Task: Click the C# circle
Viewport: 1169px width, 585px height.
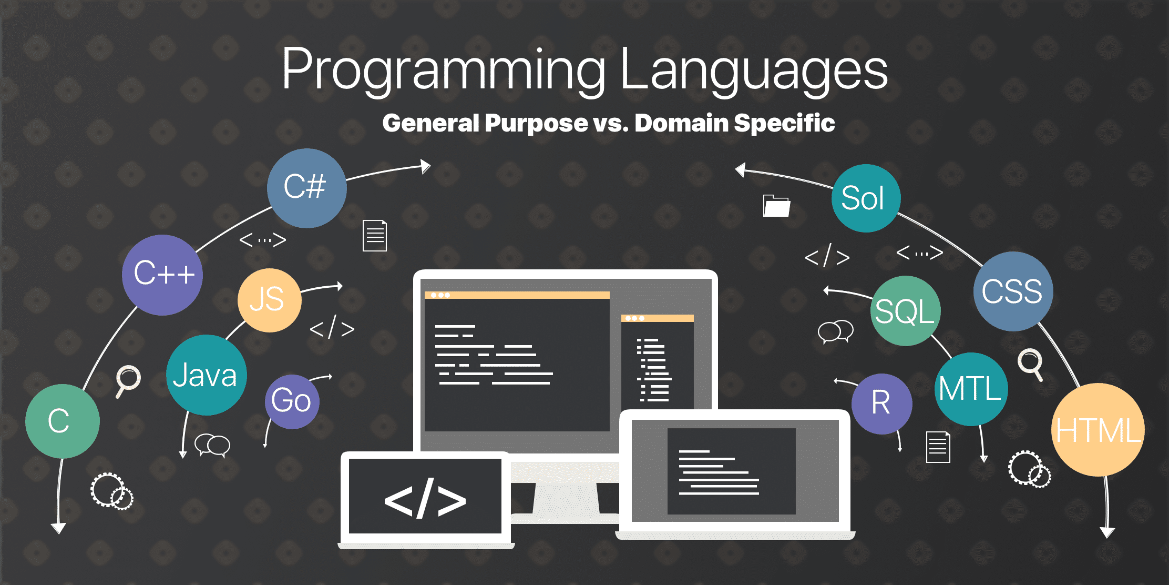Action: [307, 188]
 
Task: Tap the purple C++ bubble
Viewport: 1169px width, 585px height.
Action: [162, 275]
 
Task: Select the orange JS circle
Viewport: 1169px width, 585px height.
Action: [270, 300]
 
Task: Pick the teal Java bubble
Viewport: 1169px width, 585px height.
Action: [207, 375]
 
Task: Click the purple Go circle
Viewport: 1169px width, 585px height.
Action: [292, 402]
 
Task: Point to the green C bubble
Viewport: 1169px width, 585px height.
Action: [63, 421]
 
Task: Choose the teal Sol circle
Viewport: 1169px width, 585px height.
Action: [866, 198]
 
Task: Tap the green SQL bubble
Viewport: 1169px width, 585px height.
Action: [905, 311]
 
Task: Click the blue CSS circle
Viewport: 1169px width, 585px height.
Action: [1013, 291]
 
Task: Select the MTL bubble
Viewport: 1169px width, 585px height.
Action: [971, 389]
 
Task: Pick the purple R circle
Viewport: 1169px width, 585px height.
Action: [882, 404]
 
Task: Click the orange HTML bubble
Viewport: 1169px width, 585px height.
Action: [1099, 430]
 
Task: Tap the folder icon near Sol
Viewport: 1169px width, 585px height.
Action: [776, 206]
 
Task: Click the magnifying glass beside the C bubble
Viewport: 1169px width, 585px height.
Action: [128, 381]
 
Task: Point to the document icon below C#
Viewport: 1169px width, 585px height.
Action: [375, 235]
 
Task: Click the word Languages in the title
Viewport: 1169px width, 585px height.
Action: [754, 69]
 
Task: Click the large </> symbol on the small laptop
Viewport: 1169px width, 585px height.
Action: [425, 498]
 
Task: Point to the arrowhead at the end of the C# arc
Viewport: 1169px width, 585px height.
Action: [426, 167]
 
